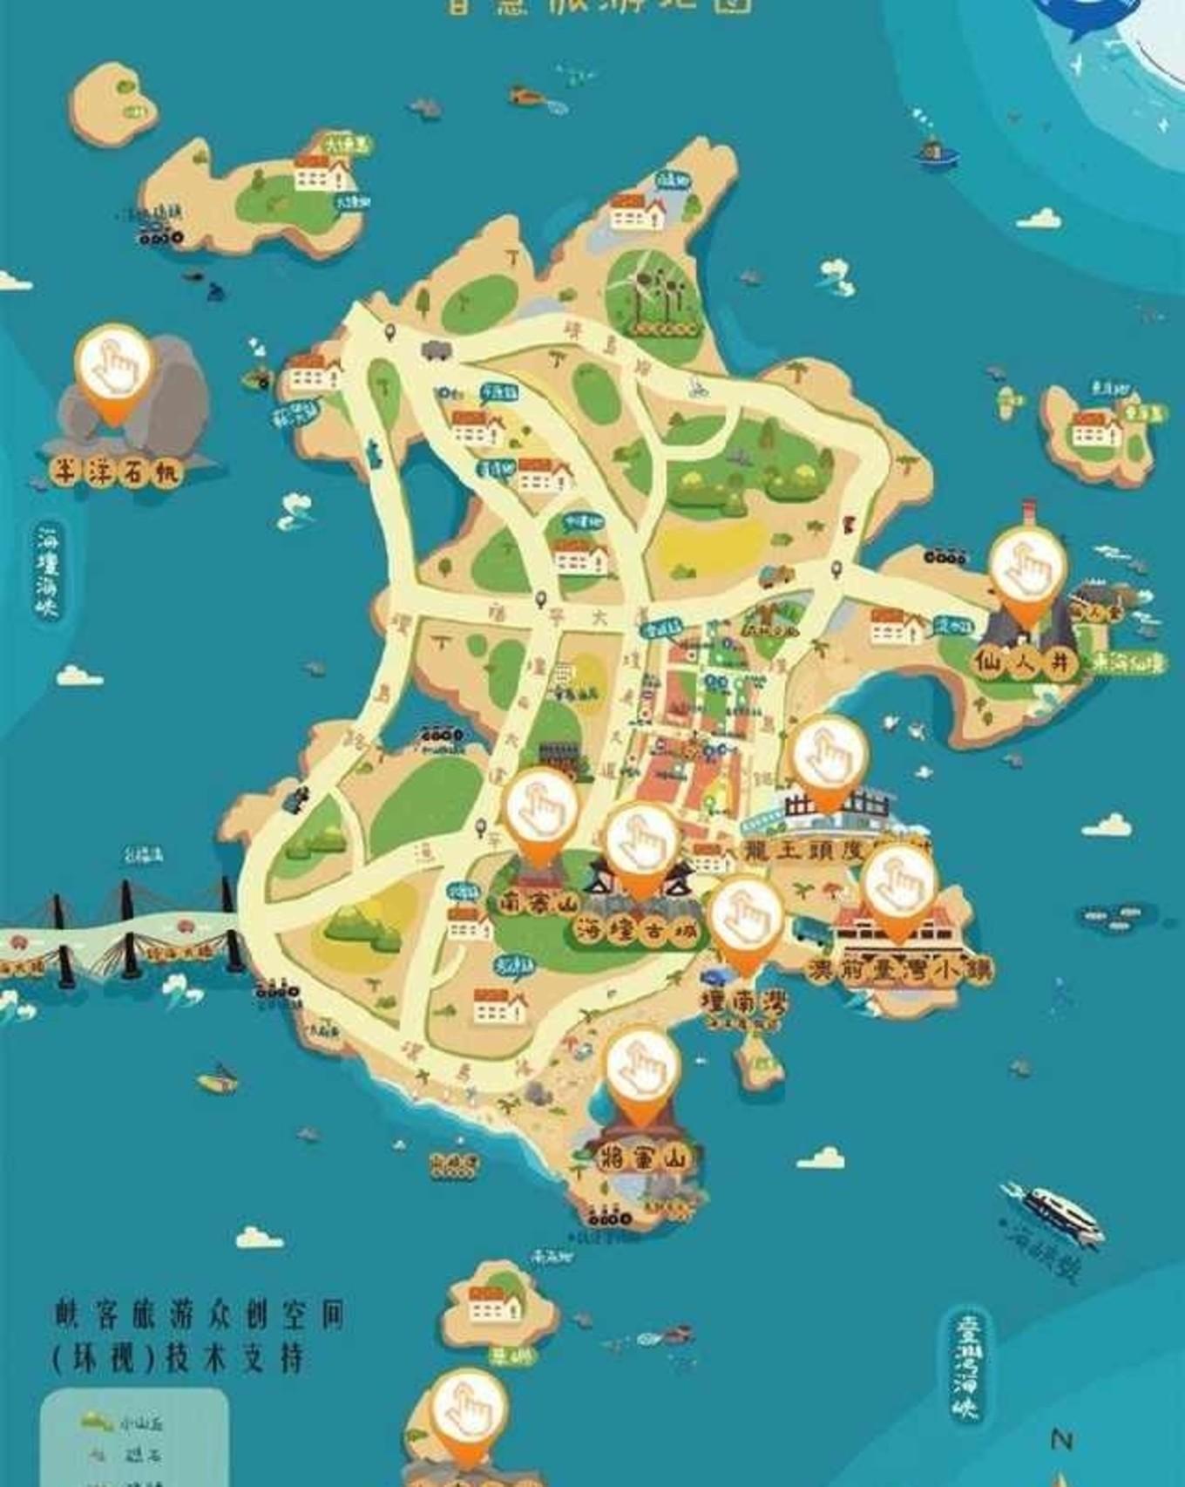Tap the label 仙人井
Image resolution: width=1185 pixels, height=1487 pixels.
[1024, 662]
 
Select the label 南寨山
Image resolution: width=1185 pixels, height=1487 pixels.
[538, 903]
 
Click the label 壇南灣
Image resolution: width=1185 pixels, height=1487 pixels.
[745, 1002]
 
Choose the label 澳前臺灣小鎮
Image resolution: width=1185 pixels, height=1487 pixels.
[898, 970]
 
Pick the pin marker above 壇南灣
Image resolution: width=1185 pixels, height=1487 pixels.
[745, 920]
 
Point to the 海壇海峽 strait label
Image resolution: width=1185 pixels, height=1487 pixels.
[48, 571]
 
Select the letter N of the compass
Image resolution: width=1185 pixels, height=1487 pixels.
[1060, 1440]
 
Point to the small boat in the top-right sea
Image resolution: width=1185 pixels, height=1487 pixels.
[936, 154]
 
